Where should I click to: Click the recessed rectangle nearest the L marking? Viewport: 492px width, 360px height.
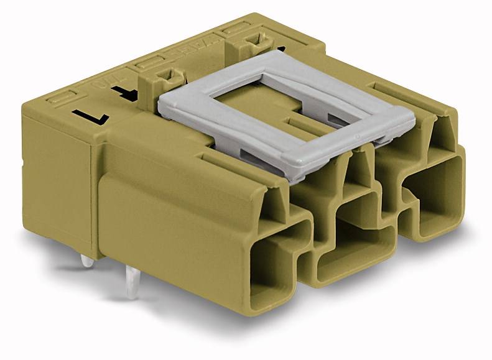click(62, 98)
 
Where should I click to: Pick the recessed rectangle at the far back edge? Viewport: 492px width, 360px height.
click(239, 27)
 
